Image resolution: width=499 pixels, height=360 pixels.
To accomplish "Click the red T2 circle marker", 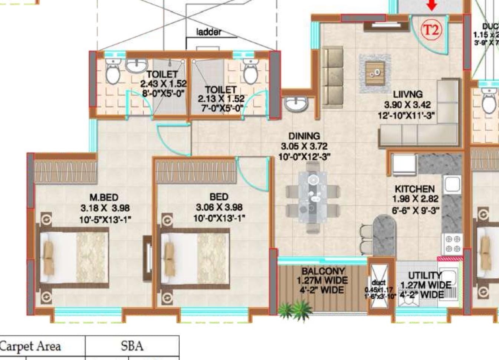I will pyautogui.click(x=431, y=29).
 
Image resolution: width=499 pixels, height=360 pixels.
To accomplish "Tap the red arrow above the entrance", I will pyautogui.click(x=431, y=5).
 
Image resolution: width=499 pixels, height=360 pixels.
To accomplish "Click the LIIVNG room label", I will pyautogui.click(x=408, y=94).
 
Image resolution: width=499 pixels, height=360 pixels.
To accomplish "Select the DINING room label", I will pyautogui.click(x=304, y=136).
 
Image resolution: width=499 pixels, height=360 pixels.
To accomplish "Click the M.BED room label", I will pyautogui.click(x=104, y=197).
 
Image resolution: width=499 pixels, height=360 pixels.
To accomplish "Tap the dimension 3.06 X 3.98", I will pyautogui.click(x=219, y=207).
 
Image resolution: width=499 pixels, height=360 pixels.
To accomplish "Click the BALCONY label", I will pyautogui.click(x=323, y=271).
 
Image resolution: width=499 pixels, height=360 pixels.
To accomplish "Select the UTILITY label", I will pyautogui.click(x=425, y=275).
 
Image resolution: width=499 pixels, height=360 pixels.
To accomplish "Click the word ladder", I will pyautogui.click(x=209, y=32).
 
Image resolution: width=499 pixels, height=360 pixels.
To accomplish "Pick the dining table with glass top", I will pyautogui.click(x=313, y=200).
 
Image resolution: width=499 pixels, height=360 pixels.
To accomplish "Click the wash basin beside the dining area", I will pyautogui.click(x=296, y=104).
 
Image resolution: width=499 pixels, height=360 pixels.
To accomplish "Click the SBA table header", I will pyautogui.click(x=132, y=346).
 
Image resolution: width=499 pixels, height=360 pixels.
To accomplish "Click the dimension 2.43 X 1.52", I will pyautogui.click(x=163, y=84).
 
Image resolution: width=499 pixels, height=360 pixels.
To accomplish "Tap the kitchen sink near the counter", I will pyautogui.click(x=452, y=184).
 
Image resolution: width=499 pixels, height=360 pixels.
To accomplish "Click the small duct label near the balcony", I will pyautogui.click(x=378, y=283).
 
